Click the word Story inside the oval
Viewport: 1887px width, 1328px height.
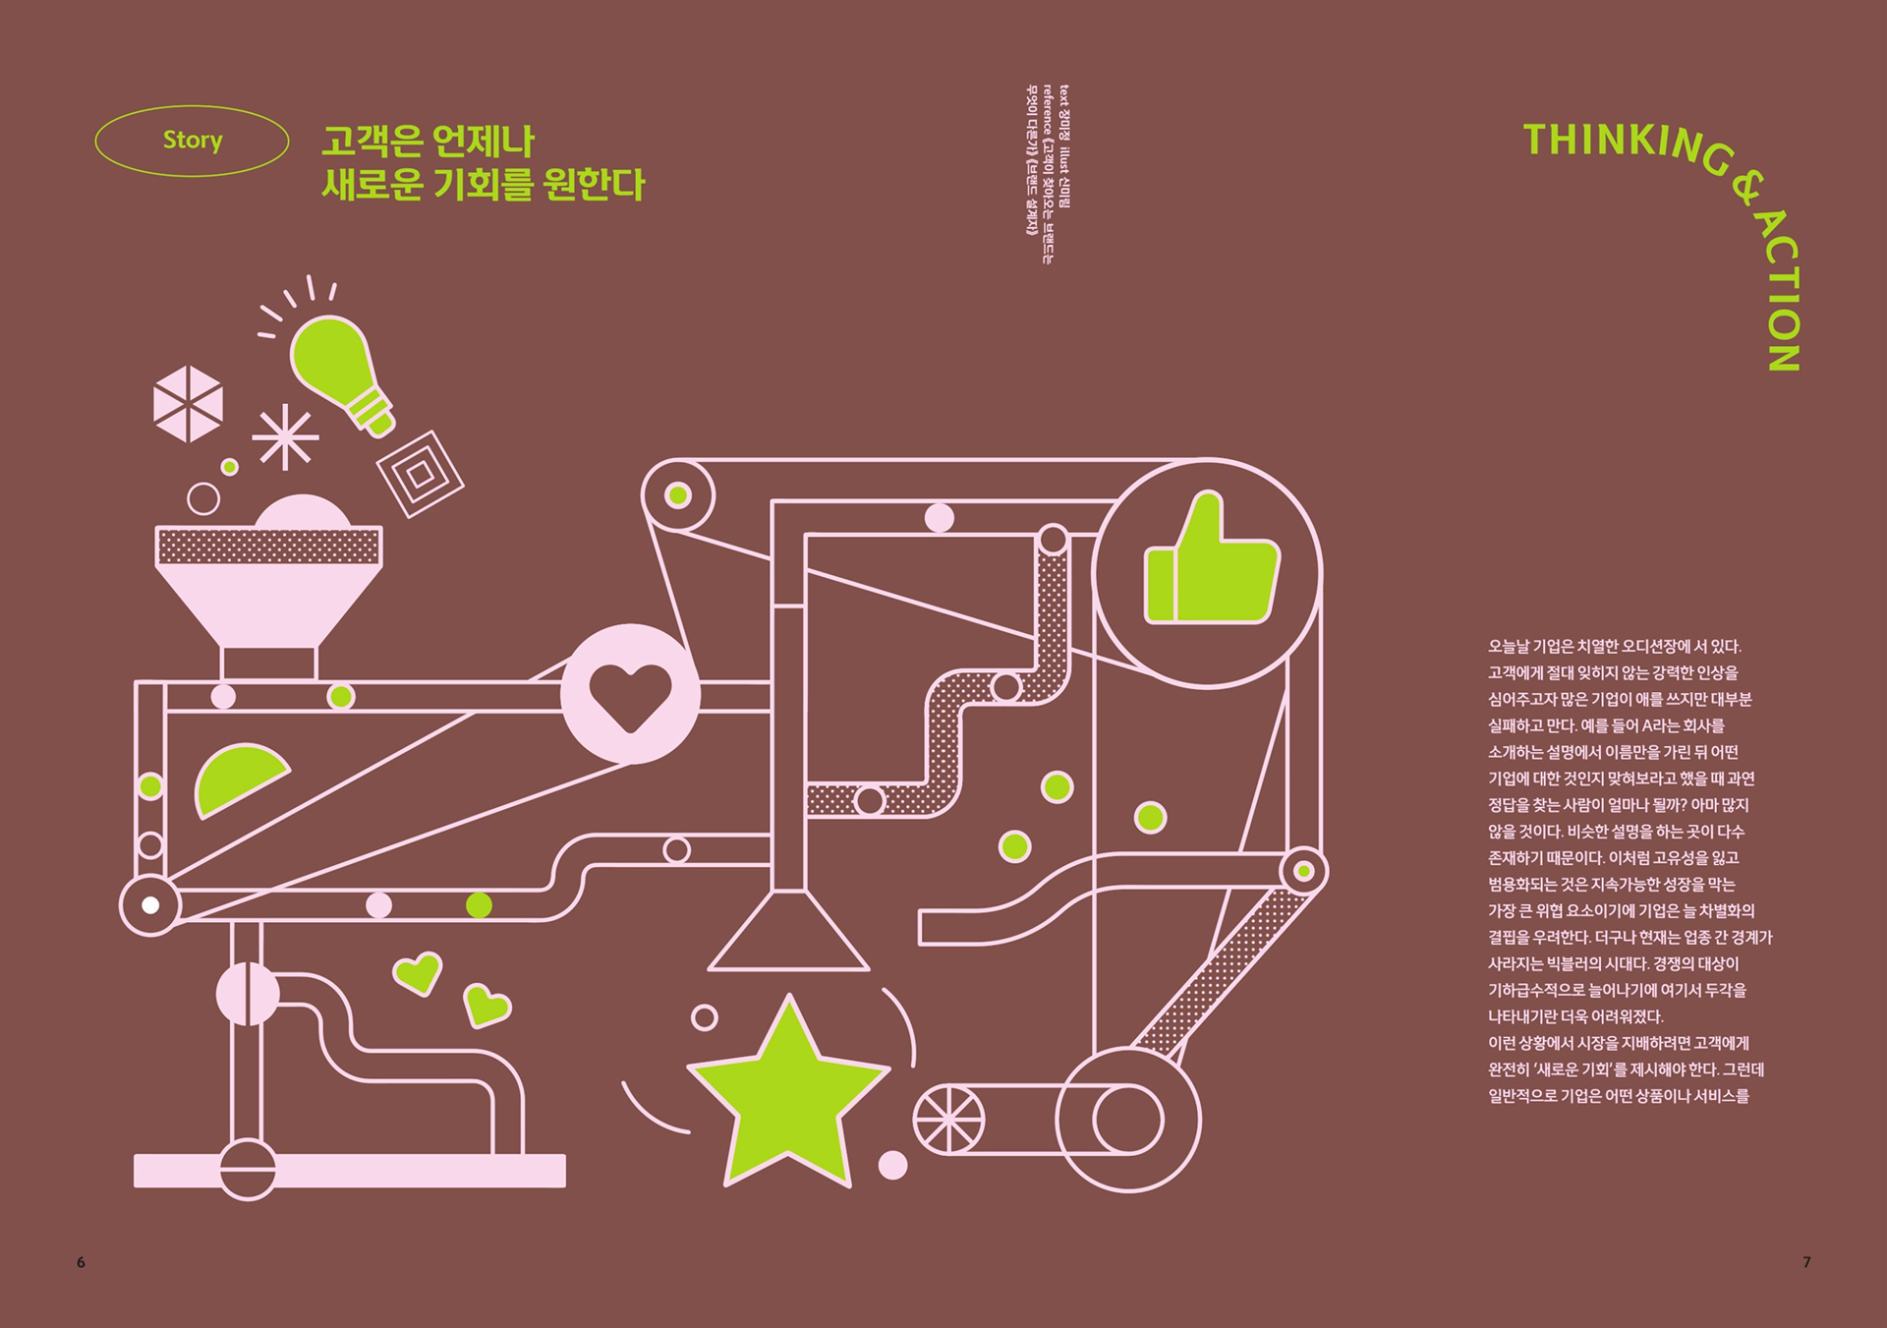pyautogui.click(x=193, y=141)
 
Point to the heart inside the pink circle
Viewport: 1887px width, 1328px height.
pyautogui.click(x=630, y=695)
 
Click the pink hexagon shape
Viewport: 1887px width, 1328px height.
pyautogui.click(x=188, y=403)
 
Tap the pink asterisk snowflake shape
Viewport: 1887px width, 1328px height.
pyautogui.click(x=285, y=437)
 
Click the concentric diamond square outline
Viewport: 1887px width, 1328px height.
pyautogui.click(x=421, y=474)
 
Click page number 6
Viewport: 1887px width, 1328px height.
pyautogui.click(x=81, y=1262)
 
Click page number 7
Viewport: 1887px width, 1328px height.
pyautogui.click(x=1806, y=1262)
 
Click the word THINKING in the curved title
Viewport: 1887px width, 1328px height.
pyautogui.click(x=1622, y=143)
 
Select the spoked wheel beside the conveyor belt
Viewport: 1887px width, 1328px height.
pyautogui.click(x=948, y=1119)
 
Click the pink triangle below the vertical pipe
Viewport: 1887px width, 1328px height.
pyautogui.click(x=788, y=936)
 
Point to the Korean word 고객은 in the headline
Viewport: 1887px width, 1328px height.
pyautogui.click(x=372, y=142)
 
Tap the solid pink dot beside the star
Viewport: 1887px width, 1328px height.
pyautogui.click(x=892, y=1165)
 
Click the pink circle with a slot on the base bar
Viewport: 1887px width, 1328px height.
pyautogui.click(x=247, y=1170)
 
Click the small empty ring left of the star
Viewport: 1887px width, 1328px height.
pyautogui.click(x=704, y=1017)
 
